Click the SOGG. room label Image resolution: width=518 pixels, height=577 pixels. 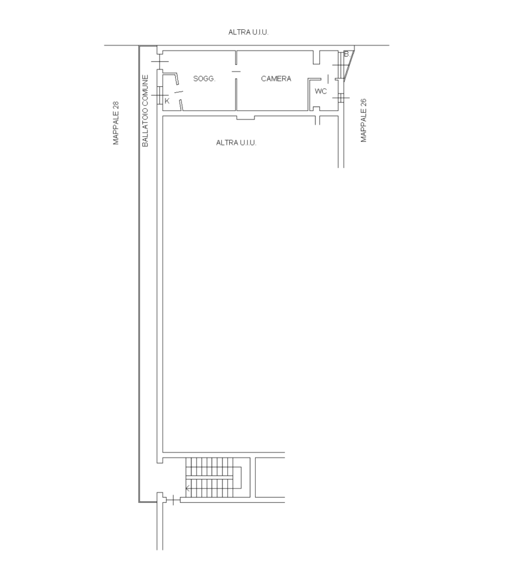tap(204, 78)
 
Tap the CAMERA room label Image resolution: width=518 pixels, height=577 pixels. tap(276, 78)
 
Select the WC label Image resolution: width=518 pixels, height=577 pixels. tap(320, 91)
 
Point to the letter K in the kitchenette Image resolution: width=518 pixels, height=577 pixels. tap(167, 101)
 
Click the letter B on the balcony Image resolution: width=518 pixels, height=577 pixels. tap(346, 54)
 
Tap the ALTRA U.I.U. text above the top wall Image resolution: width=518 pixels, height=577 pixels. tap(248, 32)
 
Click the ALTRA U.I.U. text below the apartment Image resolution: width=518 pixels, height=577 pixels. tap(236, 143)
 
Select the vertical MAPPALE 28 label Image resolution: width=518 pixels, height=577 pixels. tap(116, 123)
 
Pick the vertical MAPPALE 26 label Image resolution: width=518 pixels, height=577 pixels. tap(364, 121)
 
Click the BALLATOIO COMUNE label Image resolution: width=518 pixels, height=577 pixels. tap(145, 111)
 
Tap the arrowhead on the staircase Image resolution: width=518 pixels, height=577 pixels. tap(188, 489)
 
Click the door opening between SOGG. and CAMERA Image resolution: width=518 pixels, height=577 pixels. tap(236, 72)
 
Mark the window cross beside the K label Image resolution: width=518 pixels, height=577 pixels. tap(159, 95)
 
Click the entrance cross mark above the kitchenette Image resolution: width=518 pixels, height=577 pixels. tap(159, 62)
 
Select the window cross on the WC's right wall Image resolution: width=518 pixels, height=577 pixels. tap(341, 98)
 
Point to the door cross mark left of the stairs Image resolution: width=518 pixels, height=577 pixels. tap(173, 500)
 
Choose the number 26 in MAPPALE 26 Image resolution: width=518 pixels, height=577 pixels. tap(364, 103)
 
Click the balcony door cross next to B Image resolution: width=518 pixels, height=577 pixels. tap(341, 65)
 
